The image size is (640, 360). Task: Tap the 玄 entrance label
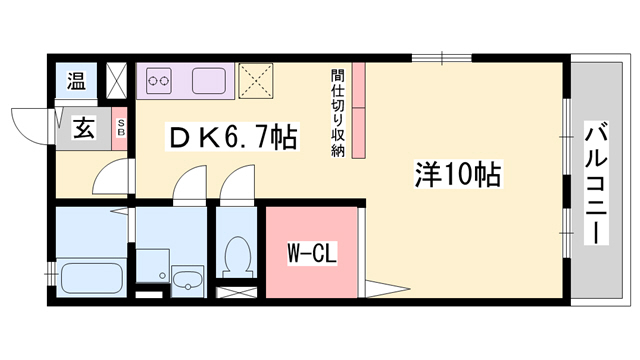83,128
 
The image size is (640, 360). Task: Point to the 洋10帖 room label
457,173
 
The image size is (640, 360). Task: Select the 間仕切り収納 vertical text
338,113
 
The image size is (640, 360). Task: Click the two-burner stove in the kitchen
160,81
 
